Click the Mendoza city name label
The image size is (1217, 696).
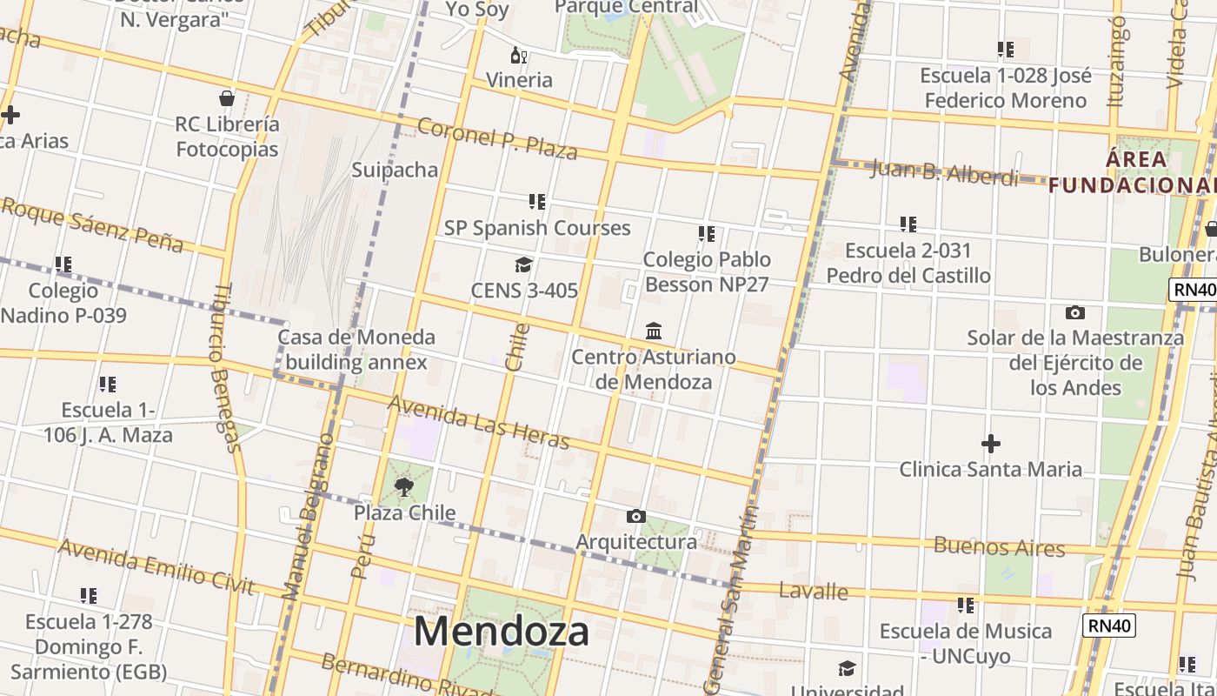click(x=502, y=631)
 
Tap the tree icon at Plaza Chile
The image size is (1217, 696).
click(x=403, y=487)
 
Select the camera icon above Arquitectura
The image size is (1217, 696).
click(x=635, y=517)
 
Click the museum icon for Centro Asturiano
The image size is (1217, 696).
click(x=654, y=331)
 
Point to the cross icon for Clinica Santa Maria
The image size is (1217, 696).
click(x=990, y=445)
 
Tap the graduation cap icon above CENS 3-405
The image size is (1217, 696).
click(x=523, y=264)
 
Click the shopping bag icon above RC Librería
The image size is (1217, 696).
click(x=227, y=98)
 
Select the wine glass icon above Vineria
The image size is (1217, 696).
click(x=519, y=56)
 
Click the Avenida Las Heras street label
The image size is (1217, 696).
click(x=478, y=422)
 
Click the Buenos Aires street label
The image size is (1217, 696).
click(x=999, y=547)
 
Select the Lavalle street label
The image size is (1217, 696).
click(x=813, y=592)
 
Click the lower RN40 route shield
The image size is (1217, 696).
click(x=1109, y=625)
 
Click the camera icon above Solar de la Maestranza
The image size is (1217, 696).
click(x=1075, y=312)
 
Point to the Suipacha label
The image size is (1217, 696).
click(x=395, y=170)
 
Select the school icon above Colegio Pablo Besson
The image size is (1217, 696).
click(x=707, y=234)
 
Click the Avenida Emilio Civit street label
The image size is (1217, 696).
click(x=156, y=566)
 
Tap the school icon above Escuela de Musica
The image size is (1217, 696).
click(x=965, y=605)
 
